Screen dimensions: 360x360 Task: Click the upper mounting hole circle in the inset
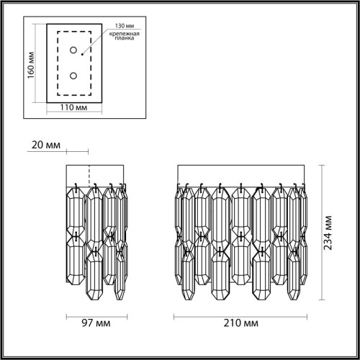tap(73, 50)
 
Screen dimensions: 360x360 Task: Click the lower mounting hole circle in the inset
tap(73, 75)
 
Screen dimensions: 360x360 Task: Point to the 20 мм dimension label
tap(47, 145)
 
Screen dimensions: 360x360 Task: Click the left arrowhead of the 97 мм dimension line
tap(68, 316)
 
